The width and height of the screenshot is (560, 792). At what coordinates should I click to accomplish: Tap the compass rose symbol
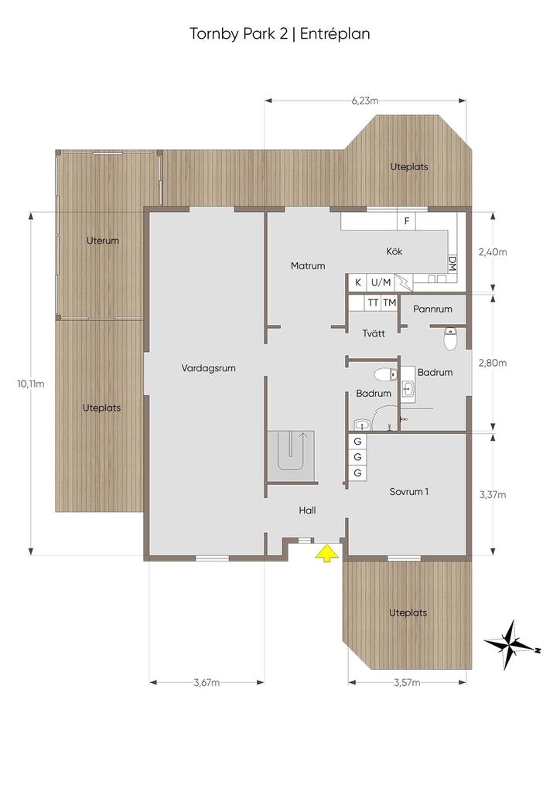(x=507, y=643)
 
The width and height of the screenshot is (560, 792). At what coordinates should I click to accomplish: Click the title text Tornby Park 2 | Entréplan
(x=279, y=34)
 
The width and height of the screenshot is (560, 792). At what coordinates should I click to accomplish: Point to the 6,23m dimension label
(x=365, y=101)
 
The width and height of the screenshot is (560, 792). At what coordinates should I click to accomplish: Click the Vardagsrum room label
(x=208, y=368)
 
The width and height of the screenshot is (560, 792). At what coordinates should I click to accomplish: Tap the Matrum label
(x=308, y=266)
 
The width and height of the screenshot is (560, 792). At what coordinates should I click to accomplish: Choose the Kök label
(x=394, y=252)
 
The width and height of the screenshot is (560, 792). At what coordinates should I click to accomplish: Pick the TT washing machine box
(x=373, y=302)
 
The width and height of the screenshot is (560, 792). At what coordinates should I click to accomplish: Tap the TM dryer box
(x=389, y=302)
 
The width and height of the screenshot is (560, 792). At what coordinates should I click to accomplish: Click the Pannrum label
(x=432, y=309)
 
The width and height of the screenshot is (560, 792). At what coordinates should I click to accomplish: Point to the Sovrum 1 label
(x=408, y=491)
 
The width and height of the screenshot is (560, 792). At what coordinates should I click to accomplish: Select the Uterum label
(x=103, y=241)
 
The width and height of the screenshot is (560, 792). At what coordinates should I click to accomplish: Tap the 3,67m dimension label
(x=207, y=682)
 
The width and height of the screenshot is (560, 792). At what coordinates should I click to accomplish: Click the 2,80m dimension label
(x=492, y=363)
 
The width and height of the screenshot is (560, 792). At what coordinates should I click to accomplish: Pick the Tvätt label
(x=374, y=334)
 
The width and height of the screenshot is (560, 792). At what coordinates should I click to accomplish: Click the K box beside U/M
(x=358, y=282)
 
